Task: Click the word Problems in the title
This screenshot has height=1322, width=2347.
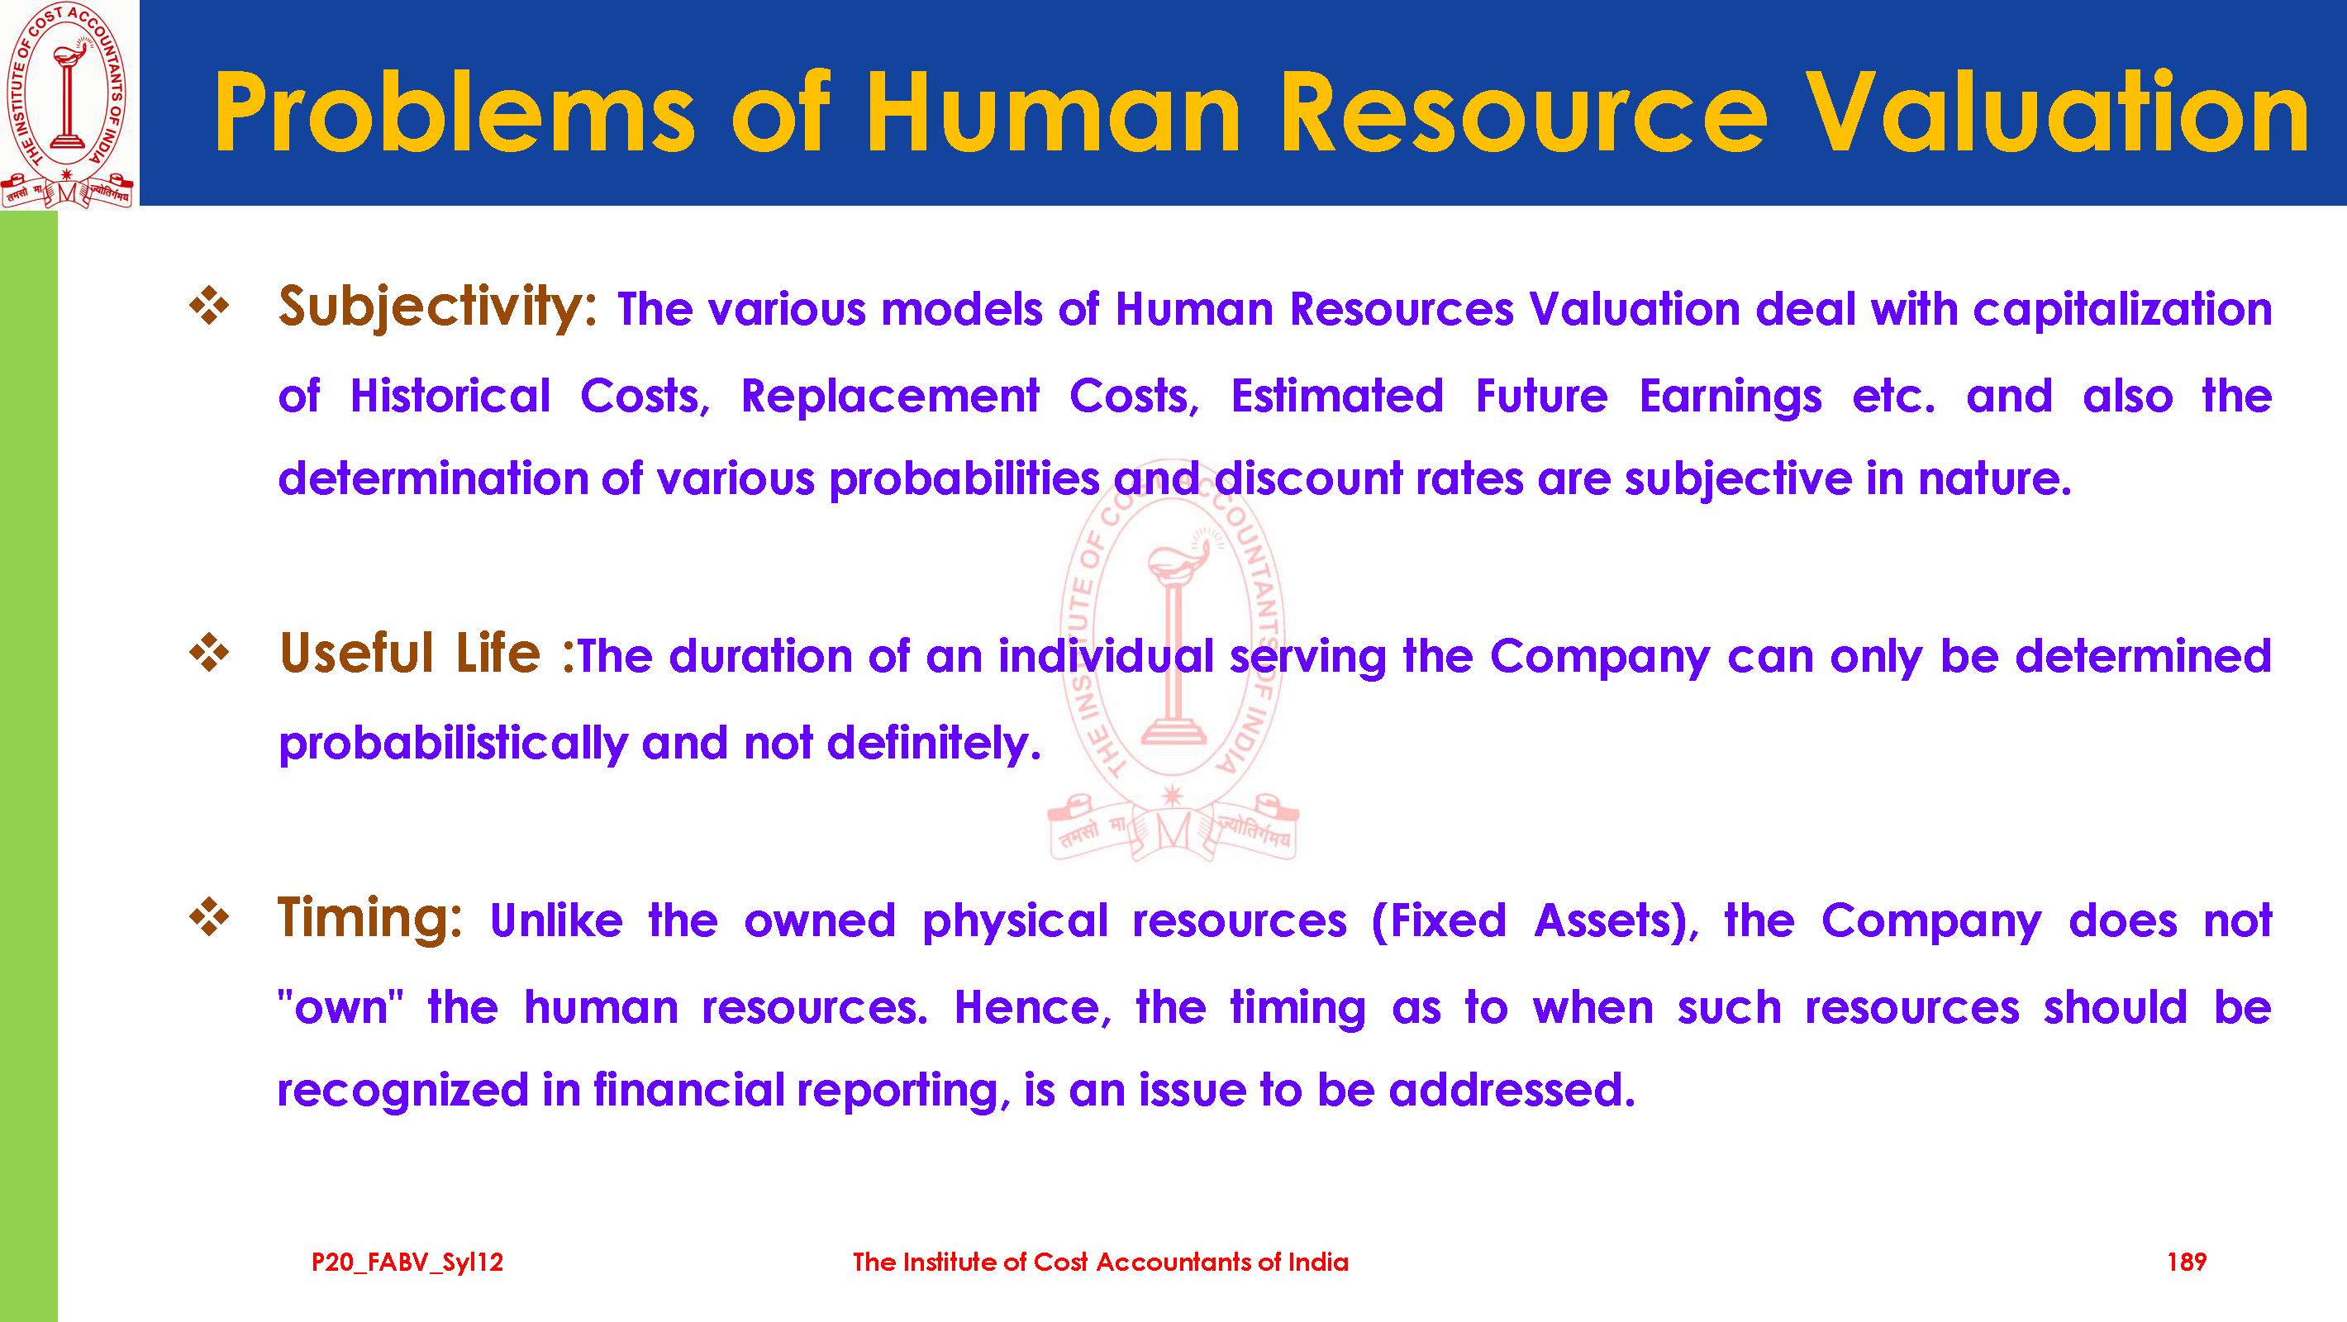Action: pyautogui.click(x=455, y=113)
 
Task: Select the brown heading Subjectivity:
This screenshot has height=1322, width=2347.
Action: pyautogui.click(x=437, y=308)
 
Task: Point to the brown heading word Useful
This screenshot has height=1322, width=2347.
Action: pyautogui.click(x=356, y=654)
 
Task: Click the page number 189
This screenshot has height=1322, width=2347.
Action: pyautogui.click(x=2186, y=1262)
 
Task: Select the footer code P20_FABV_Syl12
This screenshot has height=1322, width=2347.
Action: pyautogui.click(x=407, y=1263)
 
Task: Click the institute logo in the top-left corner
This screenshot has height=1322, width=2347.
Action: pyautogui.click(x=69, y=105)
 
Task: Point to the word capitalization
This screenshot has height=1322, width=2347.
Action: pyautogui.click(x=2122, y=311)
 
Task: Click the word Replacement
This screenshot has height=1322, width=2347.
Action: pyautogui.click(x=889, y=397)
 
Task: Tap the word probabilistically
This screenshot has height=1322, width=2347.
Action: pyautogui.click(x=453, y=744)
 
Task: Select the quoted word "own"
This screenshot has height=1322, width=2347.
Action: pyautogui.click(x=340, y=1008)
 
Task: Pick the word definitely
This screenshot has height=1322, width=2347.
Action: pyautogui.click(x=934, y=744)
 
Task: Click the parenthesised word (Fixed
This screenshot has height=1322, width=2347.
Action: pyautogui.click(x=1439, y=921)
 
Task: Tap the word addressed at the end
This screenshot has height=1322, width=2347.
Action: pyautogui.click(x=1512, y=1091)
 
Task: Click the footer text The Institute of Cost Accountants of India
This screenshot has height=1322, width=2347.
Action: pyautogui.click(x=1101, y=1262)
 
